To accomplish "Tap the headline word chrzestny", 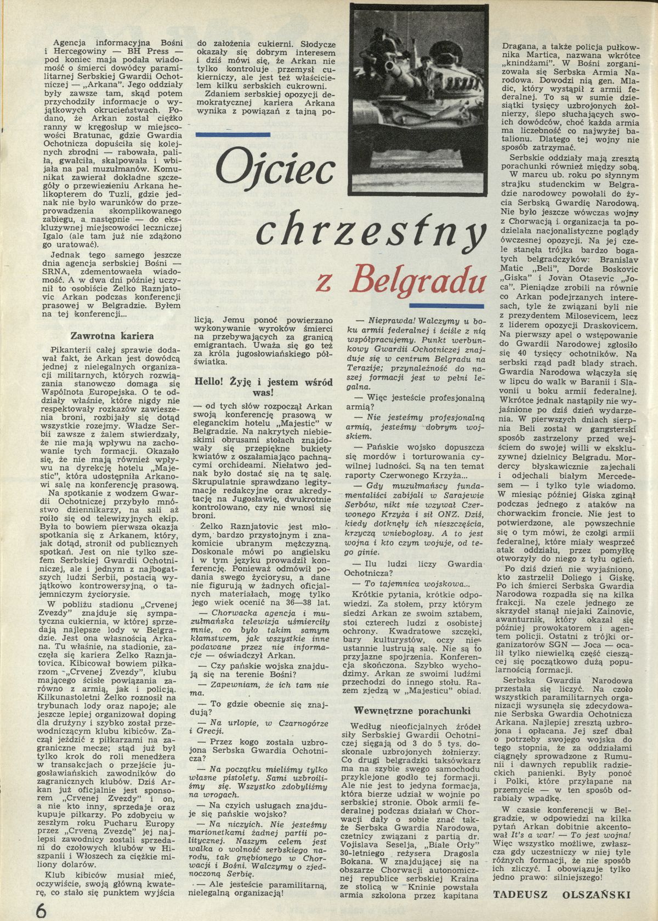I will pos(371,231).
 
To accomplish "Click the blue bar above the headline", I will pos(233,134).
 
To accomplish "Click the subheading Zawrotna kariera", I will pos(113,335).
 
